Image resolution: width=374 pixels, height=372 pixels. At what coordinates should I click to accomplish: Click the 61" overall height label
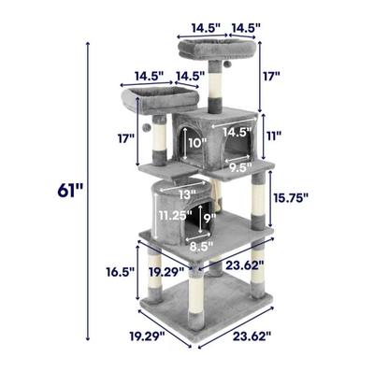pos(70,191)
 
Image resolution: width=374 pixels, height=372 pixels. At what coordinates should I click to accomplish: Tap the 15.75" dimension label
pos(291,197)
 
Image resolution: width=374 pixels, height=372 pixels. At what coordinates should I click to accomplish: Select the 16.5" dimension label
pos(120,272)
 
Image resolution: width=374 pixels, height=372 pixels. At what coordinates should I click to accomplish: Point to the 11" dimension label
pos(273,136)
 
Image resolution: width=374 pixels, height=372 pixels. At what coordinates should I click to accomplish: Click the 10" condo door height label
pos(197,143)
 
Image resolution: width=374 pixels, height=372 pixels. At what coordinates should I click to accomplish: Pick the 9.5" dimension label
pos(240,167)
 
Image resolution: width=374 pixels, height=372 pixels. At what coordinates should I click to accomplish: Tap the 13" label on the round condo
pos(187,194)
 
